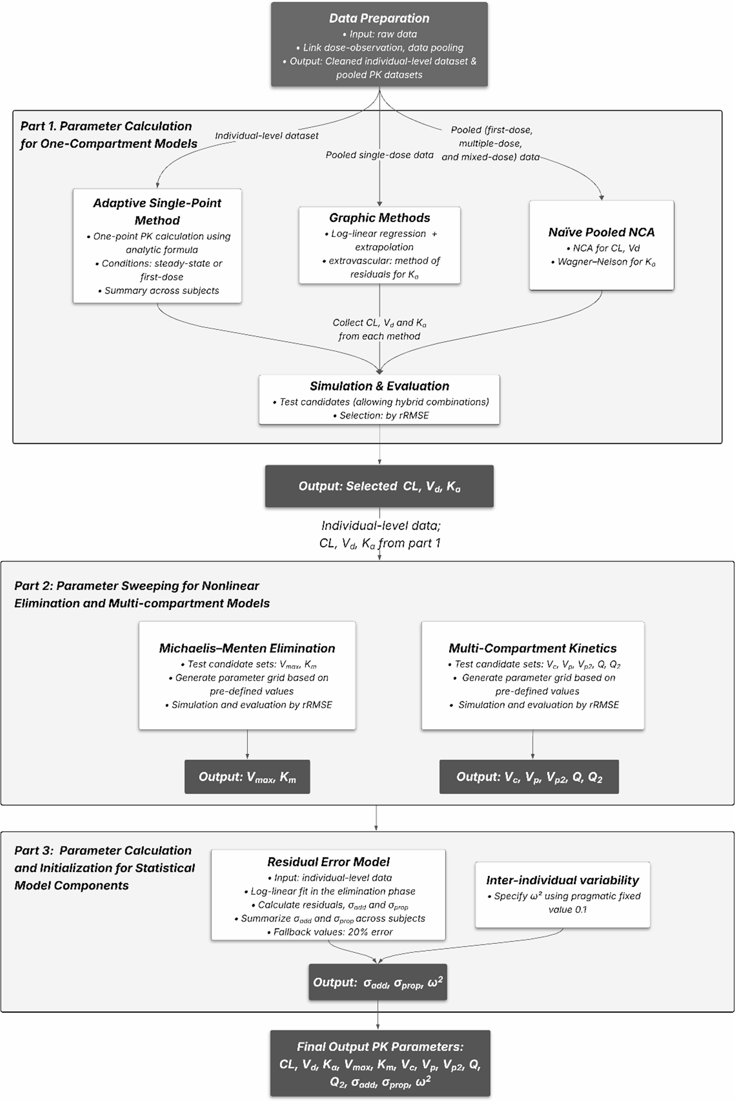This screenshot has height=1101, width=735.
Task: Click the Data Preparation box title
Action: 379,18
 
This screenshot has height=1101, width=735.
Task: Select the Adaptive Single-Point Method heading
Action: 157,212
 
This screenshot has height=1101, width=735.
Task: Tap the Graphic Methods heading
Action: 379,217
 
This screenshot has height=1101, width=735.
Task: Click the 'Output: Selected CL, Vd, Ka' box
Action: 379,486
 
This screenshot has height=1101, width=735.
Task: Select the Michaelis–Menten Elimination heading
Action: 247,648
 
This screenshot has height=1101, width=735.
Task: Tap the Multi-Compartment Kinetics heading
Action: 533,648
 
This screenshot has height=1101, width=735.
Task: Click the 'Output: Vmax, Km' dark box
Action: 247,777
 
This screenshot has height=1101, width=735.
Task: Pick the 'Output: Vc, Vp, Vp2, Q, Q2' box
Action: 529,777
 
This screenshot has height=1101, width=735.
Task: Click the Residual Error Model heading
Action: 328,862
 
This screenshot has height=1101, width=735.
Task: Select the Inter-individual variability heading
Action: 563,880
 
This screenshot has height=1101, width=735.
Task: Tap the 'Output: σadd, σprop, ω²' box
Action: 377,982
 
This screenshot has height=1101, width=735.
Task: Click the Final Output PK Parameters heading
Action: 380,1047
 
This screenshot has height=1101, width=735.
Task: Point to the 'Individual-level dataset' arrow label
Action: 266,136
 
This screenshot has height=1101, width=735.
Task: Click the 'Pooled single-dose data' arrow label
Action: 379,155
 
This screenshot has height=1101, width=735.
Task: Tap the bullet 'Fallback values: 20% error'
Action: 329,932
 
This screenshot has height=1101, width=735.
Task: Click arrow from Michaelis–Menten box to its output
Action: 247,744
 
